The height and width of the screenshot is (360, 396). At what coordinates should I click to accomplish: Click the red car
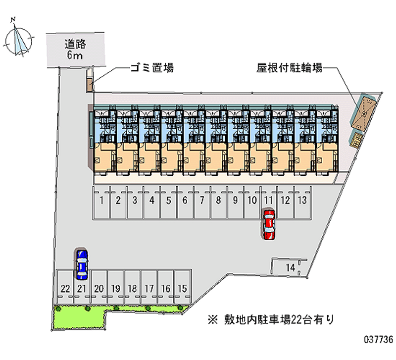268,225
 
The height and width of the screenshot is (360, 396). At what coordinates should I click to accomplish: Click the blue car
82,263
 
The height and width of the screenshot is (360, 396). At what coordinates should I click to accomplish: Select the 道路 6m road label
76,49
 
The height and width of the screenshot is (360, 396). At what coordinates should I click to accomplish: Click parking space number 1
101,201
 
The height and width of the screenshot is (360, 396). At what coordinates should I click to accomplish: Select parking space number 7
202,201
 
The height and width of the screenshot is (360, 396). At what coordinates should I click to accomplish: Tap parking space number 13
302,201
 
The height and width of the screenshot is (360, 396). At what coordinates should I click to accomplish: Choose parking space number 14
291,268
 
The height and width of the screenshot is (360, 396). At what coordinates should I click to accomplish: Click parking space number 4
151,201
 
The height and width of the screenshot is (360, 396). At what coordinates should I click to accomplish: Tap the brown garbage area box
89,84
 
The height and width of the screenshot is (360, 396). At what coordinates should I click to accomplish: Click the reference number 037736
378,341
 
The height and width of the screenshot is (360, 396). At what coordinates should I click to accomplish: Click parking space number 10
252,201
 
